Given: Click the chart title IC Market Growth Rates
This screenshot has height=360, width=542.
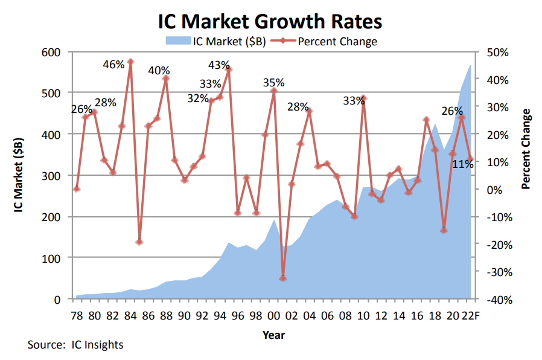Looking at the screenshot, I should click(x=270, y=21).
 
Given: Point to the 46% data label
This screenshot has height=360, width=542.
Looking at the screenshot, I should click(x=113, y=64).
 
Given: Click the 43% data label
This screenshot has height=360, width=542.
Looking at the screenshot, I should click(x=218, y=65).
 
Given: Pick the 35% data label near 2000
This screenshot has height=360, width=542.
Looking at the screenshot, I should click(x=273, y=83).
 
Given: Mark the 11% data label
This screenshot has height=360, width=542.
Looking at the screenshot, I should click(x=463, y=163).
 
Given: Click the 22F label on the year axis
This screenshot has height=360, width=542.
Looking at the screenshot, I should click(x=470, y=316).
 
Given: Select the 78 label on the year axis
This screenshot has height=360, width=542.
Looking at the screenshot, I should click(x=77, y=316).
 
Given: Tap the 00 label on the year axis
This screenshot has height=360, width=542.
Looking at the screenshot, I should click(x=273, y=316).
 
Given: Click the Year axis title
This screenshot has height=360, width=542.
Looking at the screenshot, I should click(x=273, y=334).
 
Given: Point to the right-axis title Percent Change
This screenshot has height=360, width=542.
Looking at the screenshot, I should click(x=526, y=149).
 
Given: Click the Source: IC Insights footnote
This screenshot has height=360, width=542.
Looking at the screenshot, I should click(x=75, y=345).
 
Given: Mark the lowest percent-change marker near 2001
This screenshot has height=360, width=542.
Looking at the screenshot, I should click(x=282, y=278).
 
